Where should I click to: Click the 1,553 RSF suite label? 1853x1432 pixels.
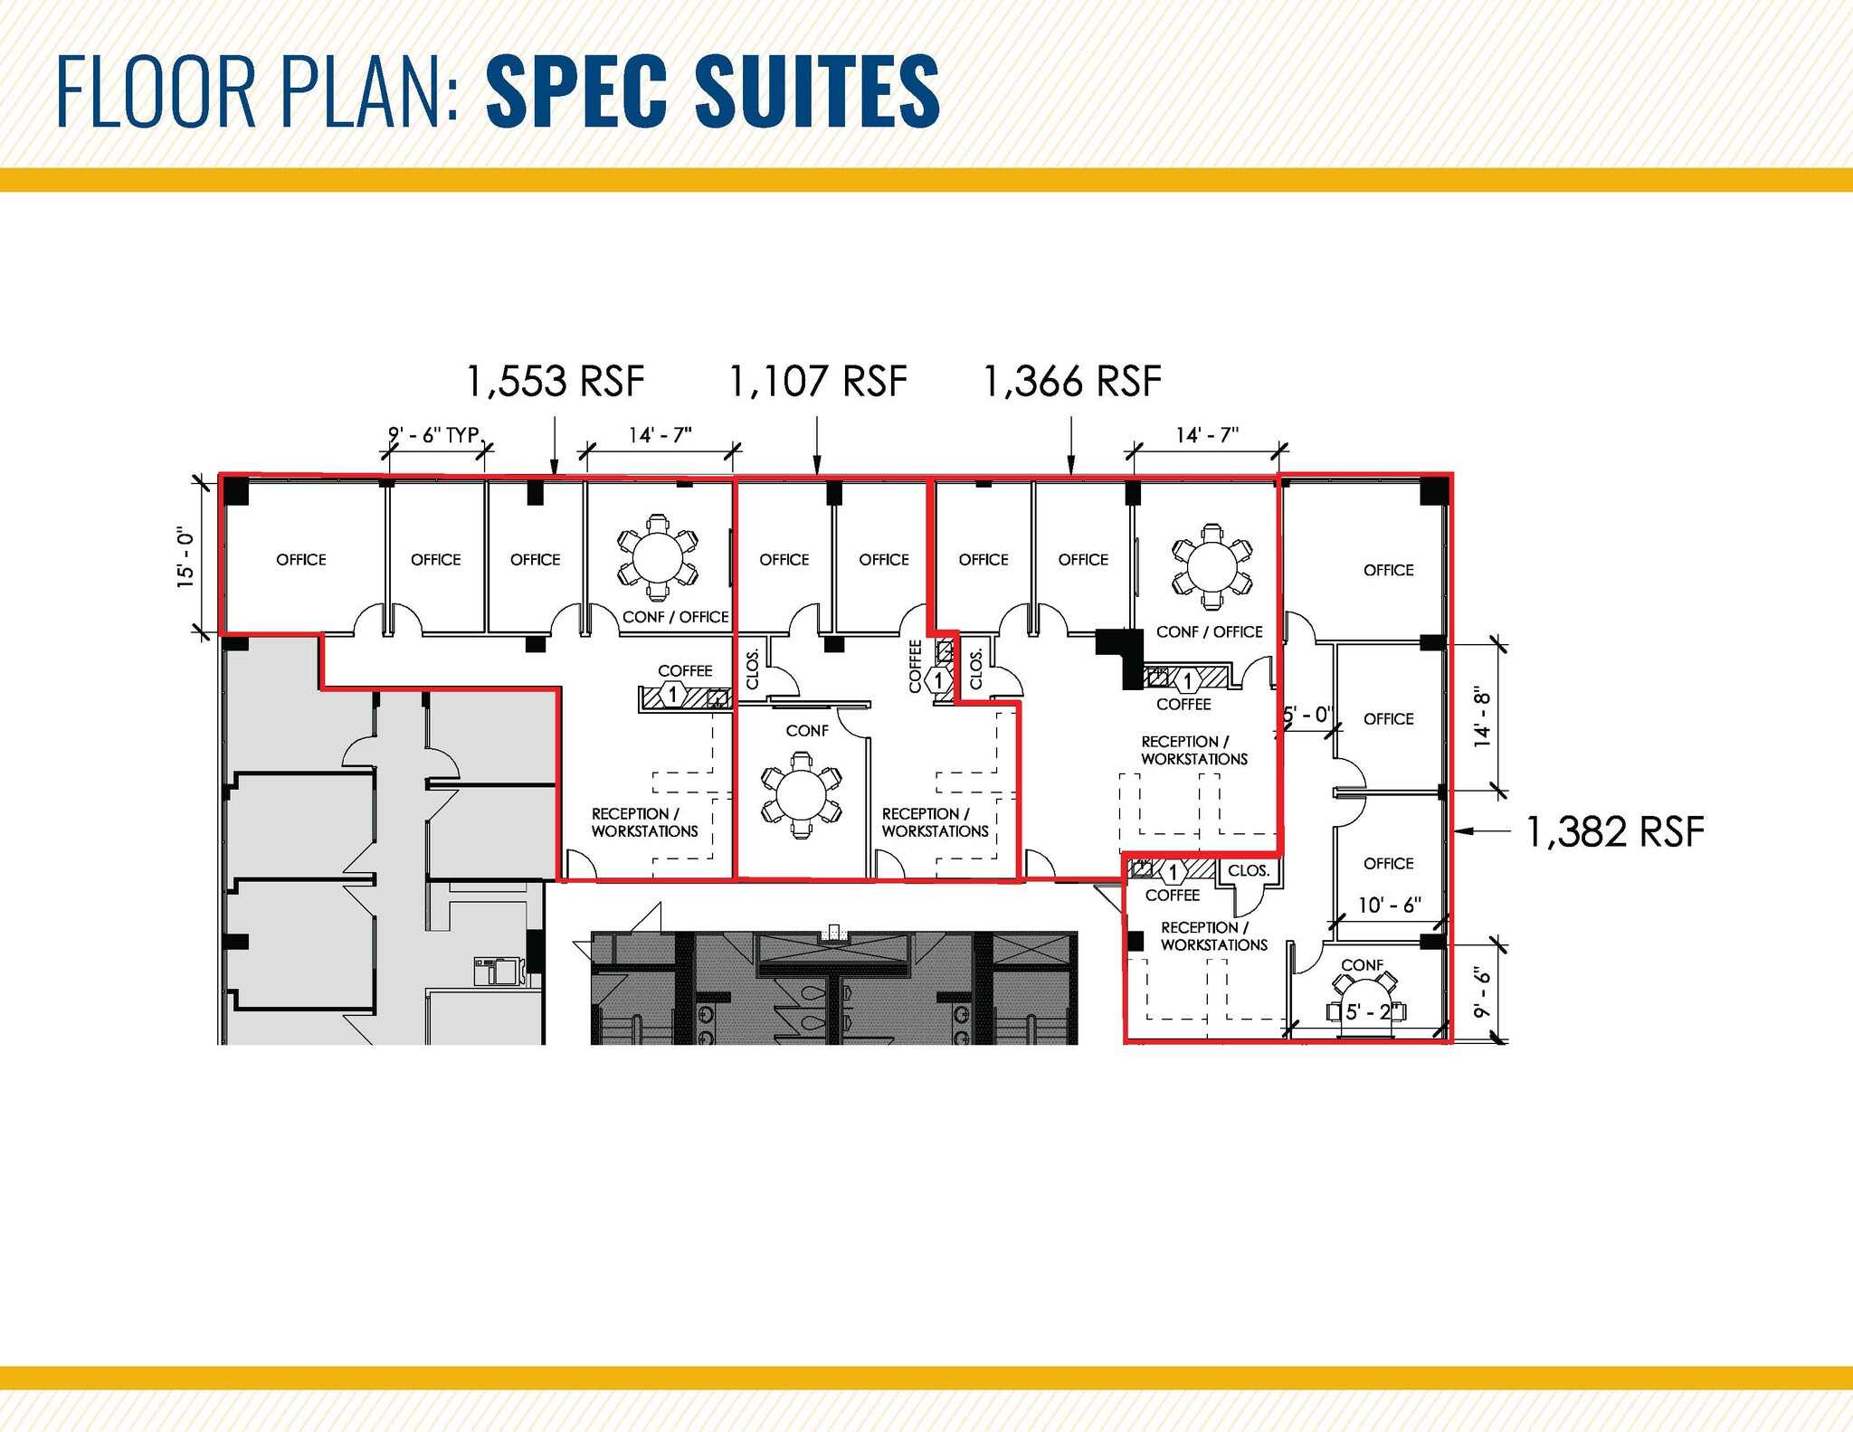tap(555, 381)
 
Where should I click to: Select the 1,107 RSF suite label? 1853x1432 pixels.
tap(817, 381)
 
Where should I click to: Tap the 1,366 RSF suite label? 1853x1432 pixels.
tap(1071, 381)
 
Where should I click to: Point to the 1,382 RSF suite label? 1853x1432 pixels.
tap(1615, 831)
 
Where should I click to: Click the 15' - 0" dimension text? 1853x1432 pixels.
tap(185, 558)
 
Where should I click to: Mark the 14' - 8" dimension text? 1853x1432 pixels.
tap(1482, 718)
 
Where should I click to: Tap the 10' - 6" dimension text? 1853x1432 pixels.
tap(1389, 905)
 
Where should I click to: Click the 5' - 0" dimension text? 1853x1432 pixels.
tap(1308, 715)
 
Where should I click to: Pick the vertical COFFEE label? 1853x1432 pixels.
tap(915, 667)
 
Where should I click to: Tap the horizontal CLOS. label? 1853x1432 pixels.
tap(1249, 870)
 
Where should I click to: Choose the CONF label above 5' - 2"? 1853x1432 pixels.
tap(1362, 965)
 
